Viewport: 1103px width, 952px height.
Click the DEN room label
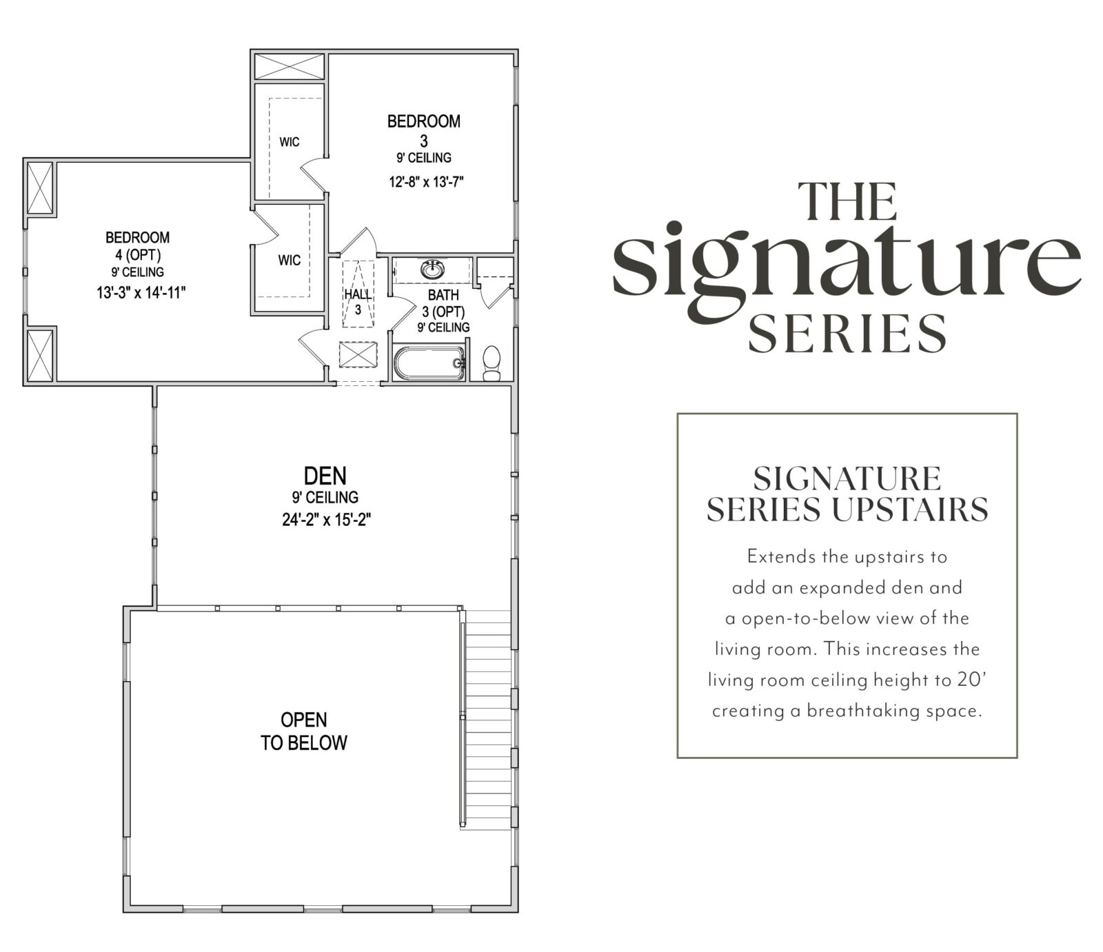coord(325,476)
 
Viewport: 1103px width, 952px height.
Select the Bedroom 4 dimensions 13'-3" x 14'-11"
coord(141,293)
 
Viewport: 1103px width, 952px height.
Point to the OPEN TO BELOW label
coord(303,731)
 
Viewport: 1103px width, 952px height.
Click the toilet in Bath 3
coord(492,363)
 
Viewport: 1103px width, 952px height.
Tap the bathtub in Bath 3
coord(429,363)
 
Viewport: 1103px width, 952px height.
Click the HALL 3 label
coord(358,302)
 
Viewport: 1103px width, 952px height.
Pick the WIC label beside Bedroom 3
coord(290,142)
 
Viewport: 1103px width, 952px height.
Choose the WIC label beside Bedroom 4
coord(290,261)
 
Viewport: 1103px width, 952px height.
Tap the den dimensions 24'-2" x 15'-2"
coord(327,520)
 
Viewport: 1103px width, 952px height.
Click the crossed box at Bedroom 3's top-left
coord(290,67)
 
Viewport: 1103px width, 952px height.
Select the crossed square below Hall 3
coord(358,357)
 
